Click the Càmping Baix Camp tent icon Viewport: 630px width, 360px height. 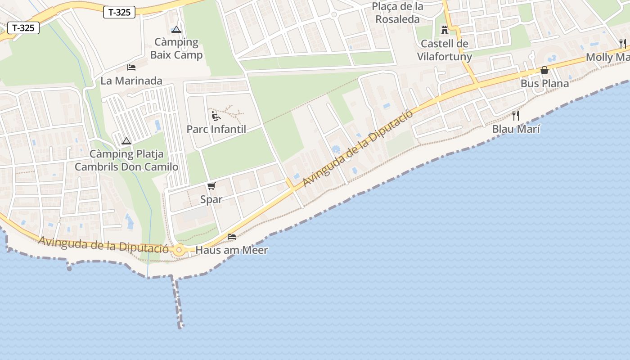(176, 30)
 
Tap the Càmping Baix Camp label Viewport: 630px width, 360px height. (176, 49)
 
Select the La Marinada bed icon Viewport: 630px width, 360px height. (131, 67)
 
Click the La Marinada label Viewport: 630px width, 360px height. (131, 81)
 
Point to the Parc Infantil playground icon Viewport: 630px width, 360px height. (216, 116)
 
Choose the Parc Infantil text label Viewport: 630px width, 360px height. (216, 130)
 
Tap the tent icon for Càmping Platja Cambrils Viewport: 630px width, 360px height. (126, 141)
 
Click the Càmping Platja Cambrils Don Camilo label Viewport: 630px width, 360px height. (126, 161)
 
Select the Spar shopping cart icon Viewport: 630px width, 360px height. (211, 186)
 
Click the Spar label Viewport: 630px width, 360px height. (211, 199)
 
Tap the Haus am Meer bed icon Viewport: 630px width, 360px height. (232, 237)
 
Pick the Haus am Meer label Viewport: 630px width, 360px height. (232, 250)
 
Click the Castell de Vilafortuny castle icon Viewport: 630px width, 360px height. (445, 30)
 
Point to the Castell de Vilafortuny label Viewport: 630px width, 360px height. (445, 50)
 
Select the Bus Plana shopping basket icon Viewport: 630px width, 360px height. (544, 70)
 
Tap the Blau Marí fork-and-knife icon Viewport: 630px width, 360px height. (516, 116)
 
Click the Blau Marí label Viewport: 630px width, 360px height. (516, 129)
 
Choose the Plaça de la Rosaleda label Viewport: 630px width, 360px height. (398, 13)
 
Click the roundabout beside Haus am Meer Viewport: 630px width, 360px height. (180, 249)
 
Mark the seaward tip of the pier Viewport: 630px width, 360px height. (180, 326)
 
